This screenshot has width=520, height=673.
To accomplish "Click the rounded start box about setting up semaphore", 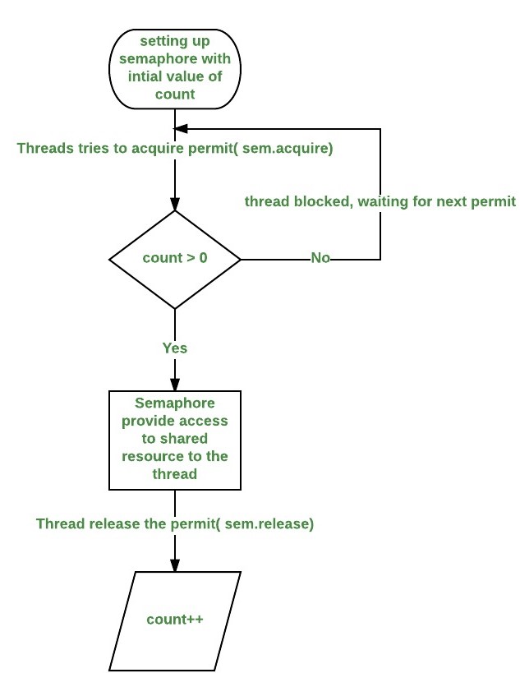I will click(x=175, y=70).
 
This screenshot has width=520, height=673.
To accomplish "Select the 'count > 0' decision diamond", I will click(x=175, y=259).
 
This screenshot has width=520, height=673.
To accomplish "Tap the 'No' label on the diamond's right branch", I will click(x=320, y=259).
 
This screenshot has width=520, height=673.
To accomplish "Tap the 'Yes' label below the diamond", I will click(x=174, y=348).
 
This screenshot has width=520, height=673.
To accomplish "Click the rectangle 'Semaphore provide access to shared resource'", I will click(x=175, y=440).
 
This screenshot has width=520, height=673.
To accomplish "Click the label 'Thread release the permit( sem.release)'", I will click(x=175, y=523).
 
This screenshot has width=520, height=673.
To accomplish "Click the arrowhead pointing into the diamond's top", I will click(x=175, y=205).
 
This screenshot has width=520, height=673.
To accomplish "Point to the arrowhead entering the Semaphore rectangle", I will click(x=175, y=385).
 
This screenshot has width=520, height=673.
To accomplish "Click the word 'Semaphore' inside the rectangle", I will click(x=175, y=404).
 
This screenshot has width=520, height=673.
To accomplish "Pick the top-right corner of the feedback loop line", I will click(x=380, y=128).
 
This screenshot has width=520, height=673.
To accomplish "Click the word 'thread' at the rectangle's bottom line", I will click(x=175, y=474).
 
